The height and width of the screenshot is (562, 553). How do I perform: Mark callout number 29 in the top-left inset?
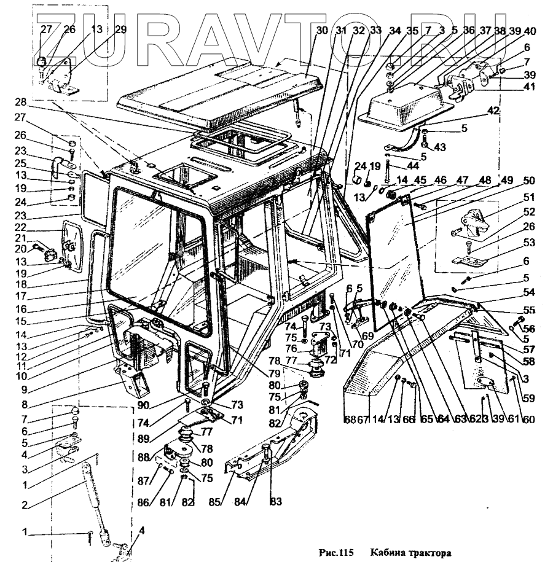pos(120,30)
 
